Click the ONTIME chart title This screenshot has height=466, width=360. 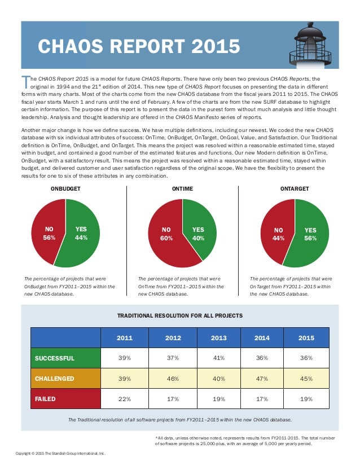pos(182,188)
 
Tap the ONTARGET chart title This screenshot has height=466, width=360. pos(294,188)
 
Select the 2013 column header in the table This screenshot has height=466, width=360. pos(218,338)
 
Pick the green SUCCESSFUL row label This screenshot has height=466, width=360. pos(65,358)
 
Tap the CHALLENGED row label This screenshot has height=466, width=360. pos(65,379)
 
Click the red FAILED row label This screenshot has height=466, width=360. pos(65,399)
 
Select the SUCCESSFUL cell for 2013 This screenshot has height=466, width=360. pos(218,358)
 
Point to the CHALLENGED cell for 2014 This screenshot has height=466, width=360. pos(262,379)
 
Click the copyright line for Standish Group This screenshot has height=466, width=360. pos(60,453)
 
